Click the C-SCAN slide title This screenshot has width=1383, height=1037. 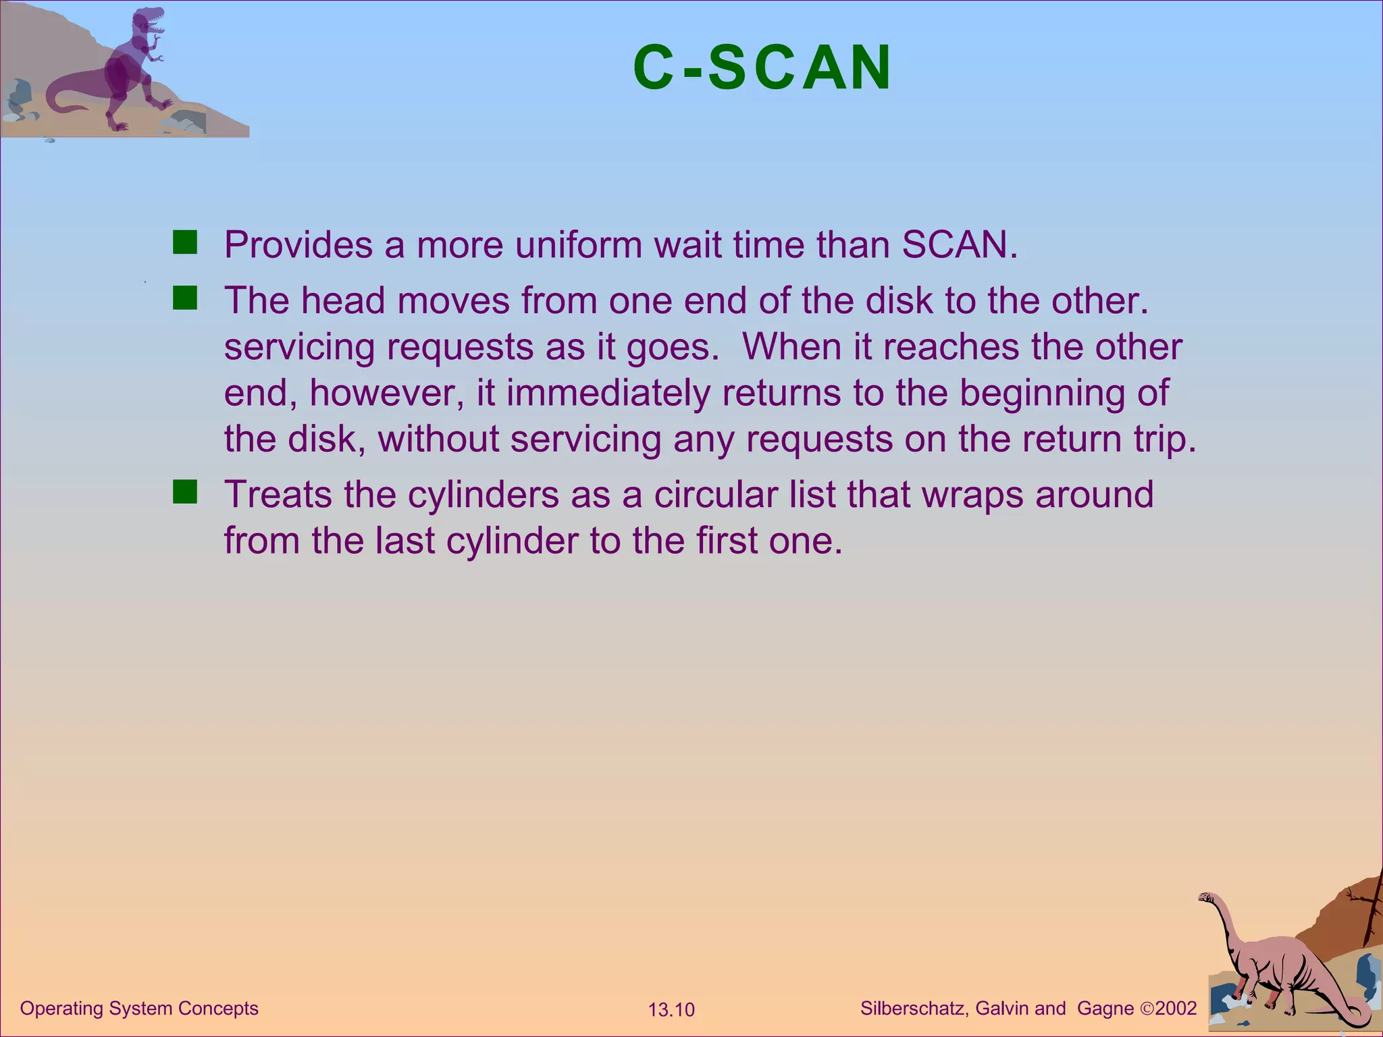762,68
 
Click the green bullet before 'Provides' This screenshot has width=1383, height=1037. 184,242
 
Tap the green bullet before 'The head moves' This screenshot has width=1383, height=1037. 184,298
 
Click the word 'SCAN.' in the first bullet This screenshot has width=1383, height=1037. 960,244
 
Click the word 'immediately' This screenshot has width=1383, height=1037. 608,393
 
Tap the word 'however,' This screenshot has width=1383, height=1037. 387,393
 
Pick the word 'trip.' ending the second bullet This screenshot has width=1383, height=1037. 1161,440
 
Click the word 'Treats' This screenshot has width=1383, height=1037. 278,494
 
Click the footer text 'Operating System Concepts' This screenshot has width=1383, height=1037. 139,1009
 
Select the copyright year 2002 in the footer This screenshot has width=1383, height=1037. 1176,1009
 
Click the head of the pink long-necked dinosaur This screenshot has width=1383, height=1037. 1206,897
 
